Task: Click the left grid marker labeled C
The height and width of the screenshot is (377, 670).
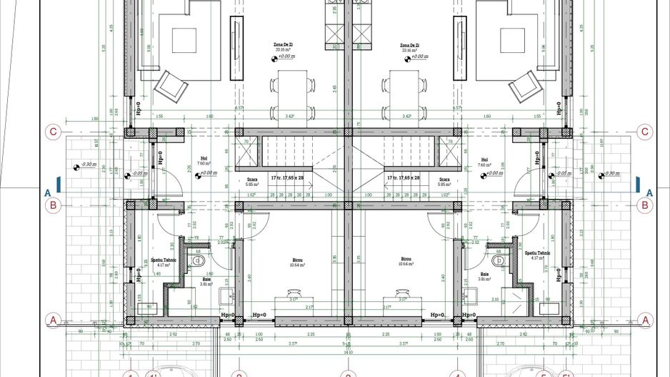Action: [52, 132]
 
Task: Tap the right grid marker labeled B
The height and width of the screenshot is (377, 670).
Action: [645, 205]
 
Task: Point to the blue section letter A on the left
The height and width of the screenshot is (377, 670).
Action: [47, 192]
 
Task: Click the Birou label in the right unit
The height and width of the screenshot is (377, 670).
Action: [406, 260]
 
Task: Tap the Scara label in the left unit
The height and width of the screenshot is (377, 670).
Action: [251, 180]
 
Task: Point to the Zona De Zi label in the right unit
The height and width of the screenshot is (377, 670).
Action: [410, 44]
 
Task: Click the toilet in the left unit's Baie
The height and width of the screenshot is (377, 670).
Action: [198, 262]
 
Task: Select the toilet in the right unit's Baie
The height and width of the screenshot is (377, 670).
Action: [500, 262]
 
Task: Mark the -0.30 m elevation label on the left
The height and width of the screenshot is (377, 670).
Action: [89, 165]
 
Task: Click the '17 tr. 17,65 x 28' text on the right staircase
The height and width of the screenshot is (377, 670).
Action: [404, 177]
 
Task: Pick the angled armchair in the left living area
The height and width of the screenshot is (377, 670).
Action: [171, 85]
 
